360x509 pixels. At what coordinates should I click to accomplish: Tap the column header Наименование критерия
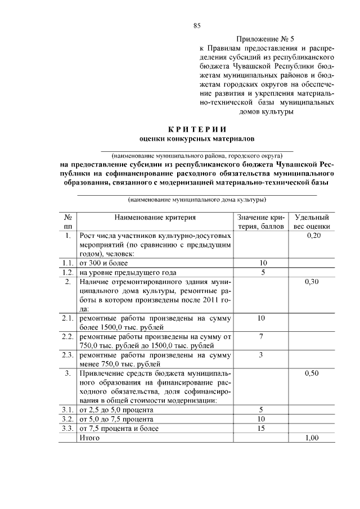155,217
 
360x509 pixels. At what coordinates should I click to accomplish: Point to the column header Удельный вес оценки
312,222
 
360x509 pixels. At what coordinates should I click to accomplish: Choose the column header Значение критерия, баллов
261,222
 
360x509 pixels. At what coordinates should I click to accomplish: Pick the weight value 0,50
313,372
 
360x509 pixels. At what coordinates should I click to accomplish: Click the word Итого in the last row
90,437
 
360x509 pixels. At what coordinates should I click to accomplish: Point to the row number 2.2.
67,336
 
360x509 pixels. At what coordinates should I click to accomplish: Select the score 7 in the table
261,336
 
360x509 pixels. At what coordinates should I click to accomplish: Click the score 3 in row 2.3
261,354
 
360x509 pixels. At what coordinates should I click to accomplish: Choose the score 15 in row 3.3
261,428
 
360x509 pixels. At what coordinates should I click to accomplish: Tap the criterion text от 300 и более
104,263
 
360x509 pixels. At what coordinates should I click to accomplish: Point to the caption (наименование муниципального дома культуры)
196,199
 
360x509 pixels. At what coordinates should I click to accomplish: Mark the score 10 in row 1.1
261,263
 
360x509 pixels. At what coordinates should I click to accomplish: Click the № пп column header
67,222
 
